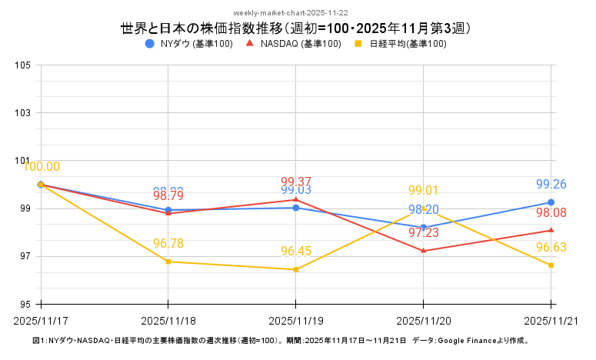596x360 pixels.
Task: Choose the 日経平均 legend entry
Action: tap(399, 44)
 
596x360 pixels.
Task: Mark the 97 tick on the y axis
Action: tap(23, 256)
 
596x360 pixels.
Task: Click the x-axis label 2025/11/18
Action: tap(168, 319)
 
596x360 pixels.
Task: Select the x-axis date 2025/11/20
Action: tap(424, 319)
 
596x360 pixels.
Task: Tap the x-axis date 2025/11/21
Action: tap(551, 319)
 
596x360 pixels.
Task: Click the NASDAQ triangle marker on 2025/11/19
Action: tap(296, 200)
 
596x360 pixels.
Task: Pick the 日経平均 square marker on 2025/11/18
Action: tap(168, 262)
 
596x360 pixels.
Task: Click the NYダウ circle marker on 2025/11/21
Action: tap(551, 202)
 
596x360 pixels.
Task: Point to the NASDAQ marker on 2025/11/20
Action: tap(424, 251)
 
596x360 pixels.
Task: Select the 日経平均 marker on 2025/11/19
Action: tap(296, 269)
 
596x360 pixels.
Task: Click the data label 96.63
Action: tap(551, 248)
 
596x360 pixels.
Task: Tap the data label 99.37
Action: tap(296, 182)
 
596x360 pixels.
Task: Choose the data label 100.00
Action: tap(42, 167)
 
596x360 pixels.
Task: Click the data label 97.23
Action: tap(424, 232)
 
